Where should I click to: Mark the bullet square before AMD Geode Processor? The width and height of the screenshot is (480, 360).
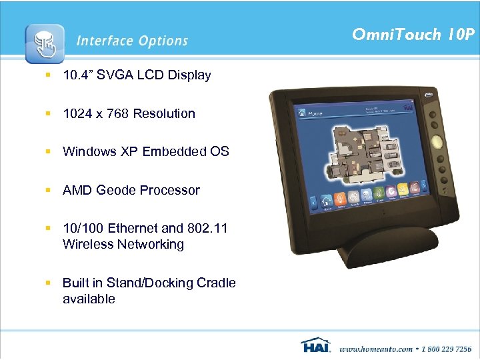49,190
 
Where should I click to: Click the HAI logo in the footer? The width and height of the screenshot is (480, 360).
316,346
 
